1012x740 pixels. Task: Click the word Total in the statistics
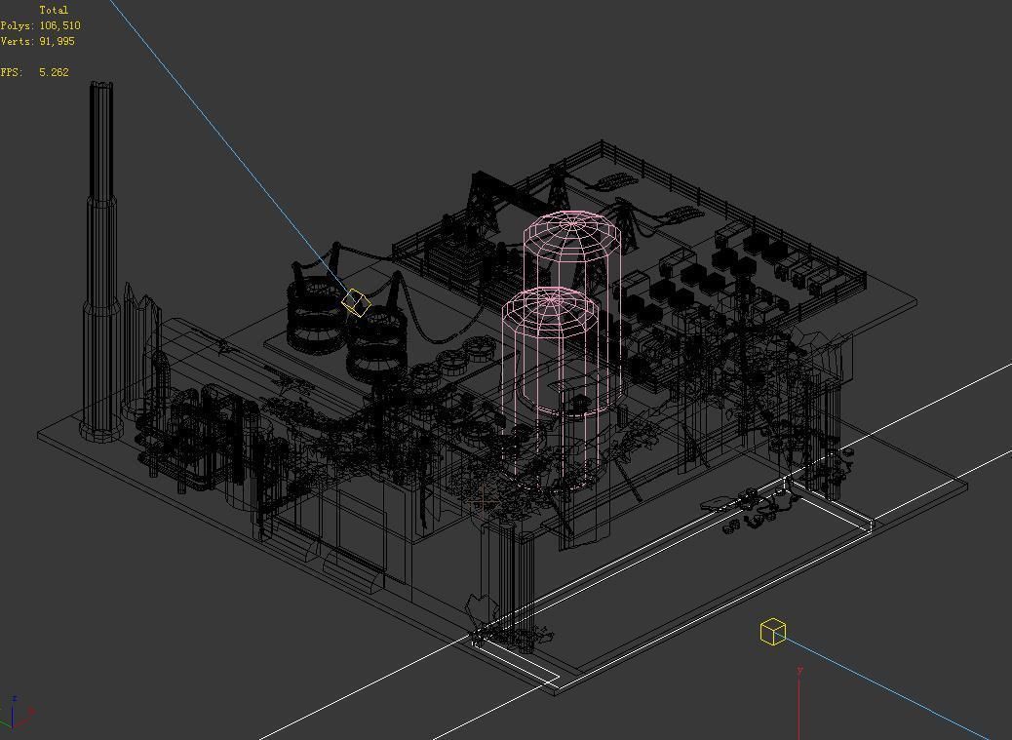tap(54, 10)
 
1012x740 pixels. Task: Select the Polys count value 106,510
tap(59, 25)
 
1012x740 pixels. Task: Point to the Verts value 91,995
tap(57, 41)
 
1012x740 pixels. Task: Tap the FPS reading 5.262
tap(54, 72)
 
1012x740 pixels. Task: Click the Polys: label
tap(18, 25)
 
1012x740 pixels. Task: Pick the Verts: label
tap(18, 41)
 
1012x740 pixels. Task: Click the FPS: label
tap(11, 72)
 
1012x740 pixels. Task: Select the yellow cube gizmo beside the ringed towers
tap(356, 302)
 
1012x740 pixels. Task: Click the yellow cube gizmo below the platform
tap(772, 632)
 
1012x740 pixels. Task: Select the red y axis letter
tap(799, 671)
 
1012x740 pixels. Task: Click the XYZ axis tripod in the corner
tap(17, 714)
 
